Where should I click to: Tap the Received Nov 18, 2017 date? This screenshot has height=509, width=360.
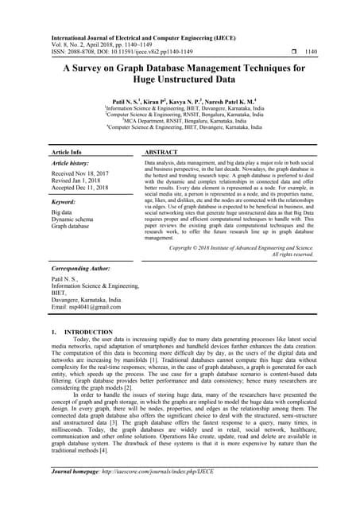coord(81,173)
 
